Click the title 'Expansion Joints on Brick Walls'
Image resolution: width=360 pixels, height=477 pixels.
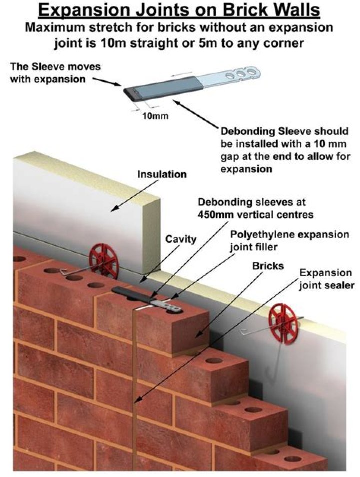pos(180,11)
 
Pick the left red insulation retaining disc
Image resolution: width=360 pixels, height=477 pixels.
pos(104,260)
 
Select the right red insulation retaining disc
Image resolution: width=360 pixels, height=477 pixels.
pos(284,320)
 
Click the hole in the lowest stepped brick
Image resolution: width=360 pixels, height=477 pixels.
pos(292,458)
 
